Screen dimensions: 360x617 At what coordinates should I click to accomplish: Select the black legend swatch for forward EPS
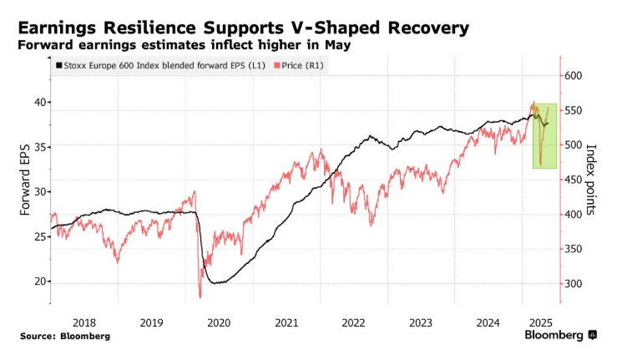pyautogui.click(x=58, y=65)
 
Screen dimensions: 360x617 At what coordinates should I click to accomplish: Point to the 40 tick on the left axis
pyautogui.click(x=38, y=102)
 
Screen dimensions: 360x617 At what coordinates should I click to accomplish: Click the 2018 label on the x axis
pyautogui.click(x=84, y=322)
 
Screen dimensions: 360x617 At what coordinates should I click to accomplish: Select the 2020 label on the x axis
pyautogui.click(x=219, y=322)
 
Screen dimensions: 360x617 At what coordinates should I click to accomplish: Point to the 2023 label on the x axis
pyautogui.click(x=421, y=322)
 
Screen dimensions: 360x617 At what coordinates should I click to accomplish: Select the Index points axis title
pyautogui.click(x=592, y=180)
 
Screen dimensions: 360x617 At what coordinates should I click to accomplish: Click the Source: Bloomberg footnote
pyautogui.click(x=66, y=336)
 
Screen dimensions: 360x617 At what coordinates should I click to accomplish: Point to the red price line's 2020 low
pyautogui.click(x=200, y=296)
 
